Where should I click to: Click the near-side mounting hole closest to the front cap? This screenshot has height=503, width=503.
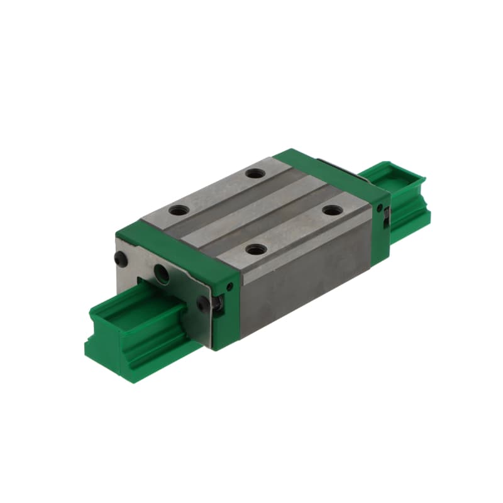[x=255, y=250]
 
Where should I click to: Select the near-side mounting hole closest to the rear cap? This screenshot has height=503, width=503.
[x=331, y=211]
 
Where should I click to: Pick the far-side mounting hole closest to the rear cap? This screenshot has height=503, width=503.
[x=253, y=174]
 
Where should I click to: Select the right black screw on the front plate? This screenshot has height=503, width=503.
[x=202, y=303]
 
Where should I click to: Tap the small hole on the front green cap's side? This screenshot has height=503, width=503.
[x=230, y=287]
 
